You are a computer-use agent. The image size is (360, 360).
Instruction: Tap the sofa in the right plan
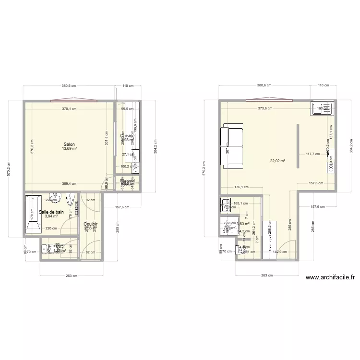pyautogui.click(x=232, y=147)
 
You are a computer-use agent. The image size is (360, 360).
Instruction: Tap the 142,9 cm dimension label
pyautogui.click(x=276, y=252)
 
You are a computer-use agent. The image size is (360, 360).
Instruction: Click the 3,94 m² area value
pyautogui.click(x=51, y=216)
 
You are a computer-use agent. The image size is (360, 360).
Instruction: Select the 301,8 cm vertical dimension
pyautogui.click(x=107, y=141)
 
